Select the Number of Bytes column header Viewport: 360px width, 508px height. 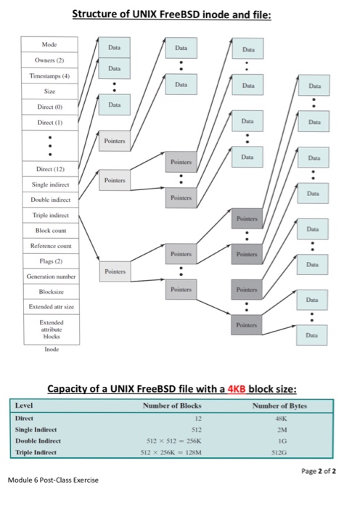[279, 405]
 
